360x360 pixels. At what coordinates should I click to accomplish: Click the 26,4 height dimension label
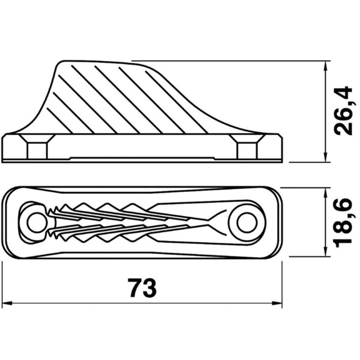(343, 111)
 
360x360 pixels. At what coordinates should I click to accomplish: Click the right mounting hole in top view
(247, 223)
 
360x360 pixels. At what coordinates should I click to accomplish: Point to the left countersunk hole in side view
(37, 147)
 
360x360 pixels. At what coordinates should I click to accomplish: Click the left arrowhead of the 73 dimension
(6, 303)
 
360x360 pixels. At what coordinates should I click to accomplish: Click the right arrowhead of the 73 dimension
(277, 303)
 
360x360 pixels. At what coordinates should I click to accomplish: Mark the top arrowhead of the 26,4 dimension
(325, 66)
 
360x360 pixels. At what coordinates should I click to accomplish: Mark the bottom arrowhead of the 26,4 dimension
(325, 157)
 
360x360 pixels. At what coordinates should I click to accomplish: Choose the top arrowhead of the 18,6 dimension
(325, 193)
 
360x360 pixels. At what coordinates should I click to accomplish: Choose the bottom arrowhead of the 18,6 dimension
(325, 252)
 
